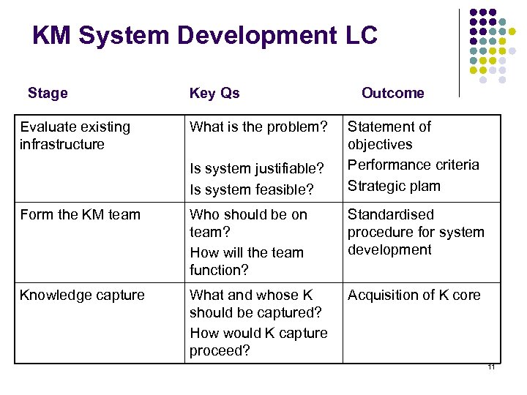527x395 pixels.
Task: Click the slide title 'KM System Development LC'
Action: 205,35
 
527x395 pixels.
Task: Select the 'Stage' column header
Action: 48,93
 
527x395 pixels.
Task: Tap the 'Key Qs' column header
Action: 214,93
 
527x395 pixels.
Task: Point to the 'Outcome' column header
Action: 392,93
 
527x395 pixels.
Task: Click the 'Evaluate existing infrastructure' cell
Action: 75,135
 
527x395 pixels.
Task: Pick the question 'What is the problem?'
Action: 258,127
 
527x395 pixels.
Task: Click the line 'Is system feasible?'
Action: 252,189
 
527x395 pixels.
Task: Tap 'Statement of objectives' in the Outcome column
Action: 389,135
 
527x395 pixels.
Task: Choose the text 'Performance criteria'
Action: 413,165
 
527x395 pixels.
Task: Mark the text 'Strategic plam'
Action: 394,185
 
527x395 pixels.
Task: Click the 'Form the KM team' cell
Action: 81,214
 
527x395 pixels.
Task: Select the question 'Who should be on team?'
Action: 248,223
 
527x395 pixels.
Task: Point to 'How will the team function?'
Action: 246,261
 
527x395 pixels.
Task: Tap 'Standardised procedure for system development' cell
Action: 416,232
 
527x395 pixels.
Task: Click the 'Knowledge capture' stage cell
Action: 82,295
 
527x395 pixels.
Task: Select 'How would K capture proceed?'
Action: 258,342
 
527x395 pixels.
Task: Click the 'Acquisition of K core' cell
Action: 414,295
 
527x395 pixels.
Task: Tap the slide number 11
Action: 491,367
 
